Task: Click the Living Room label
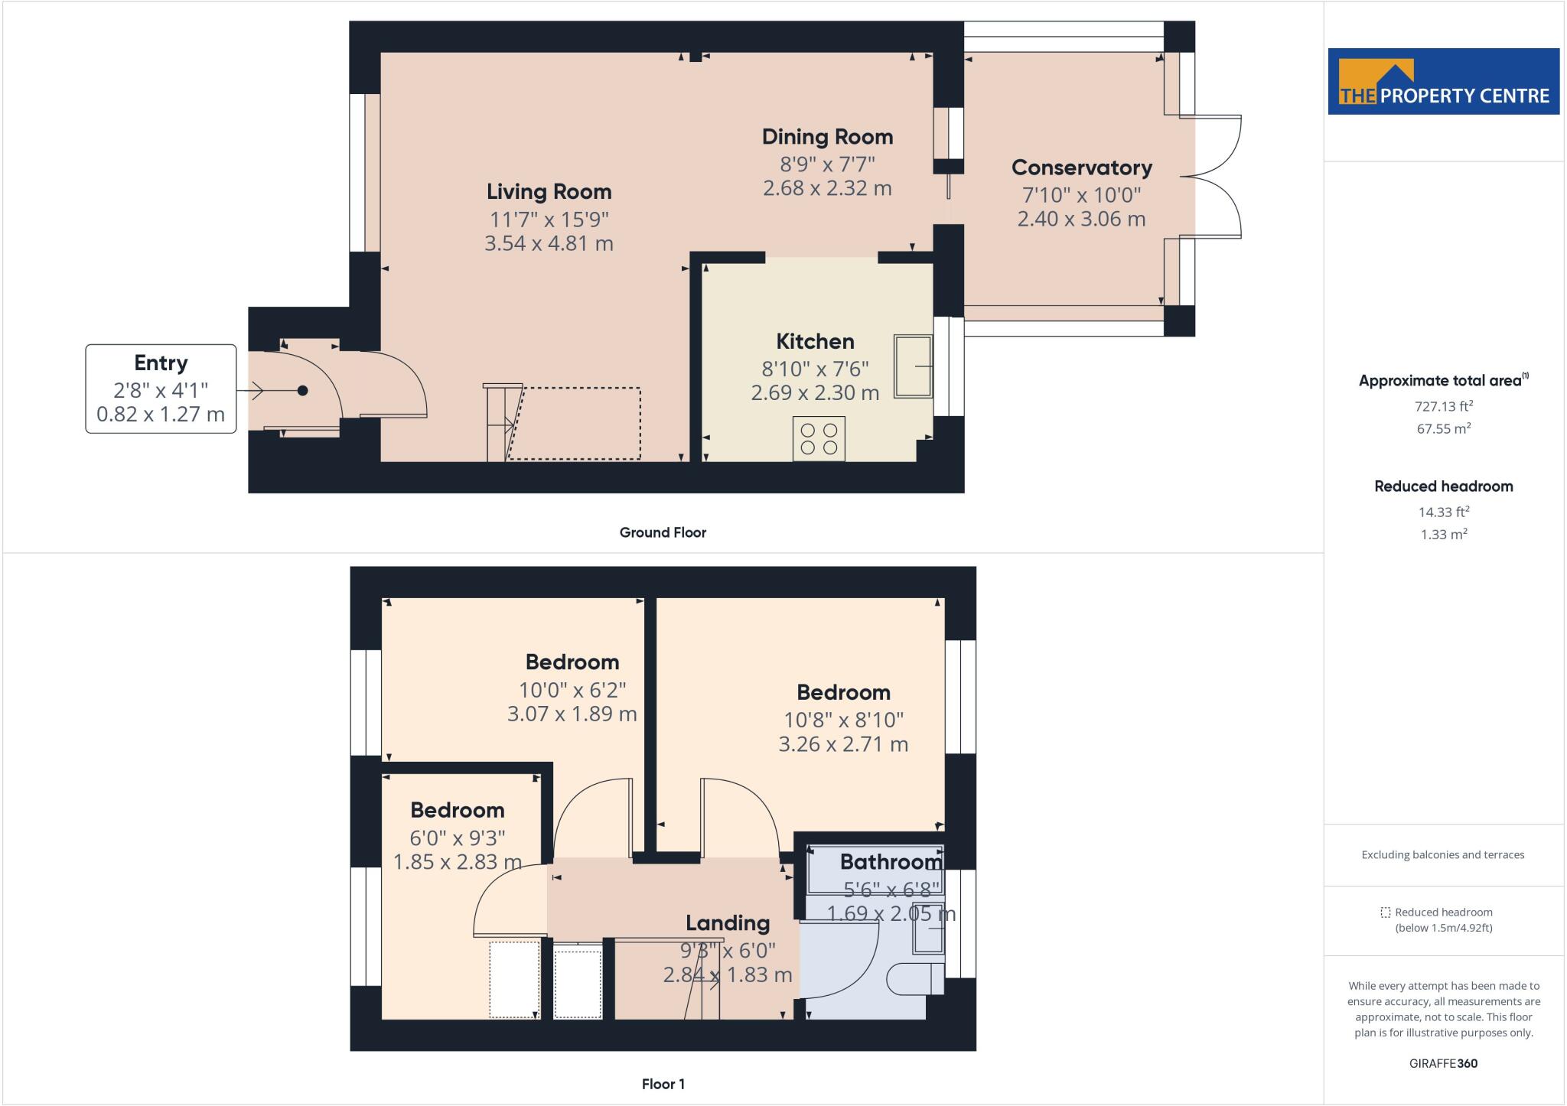(x=549, y=191)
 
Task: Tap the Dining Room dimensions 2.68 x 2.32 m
(x=827, y=188)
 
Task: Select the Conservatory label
(x=1081, y=168)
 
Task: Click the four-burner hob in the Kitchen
(x=819, y=439)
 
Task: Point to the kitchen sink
(x=914, y=366)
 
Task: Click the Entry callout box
(x=161, y=389)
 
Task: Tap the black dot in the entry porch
(x=303, y=391)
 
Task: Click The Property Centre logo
(x=1443, y=82)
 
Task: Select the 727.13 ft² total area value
(x=1443, y=406)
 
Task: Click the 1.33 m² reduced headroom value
(x=1443, y=535)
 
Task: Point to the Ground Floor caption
(x=663, y=532)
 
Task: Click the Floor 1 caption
(x=663, y=1084)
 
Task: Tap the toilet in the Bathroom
(x=915, y=979)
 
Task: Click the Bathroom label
(x=891, y=862)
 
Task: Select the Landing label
(x=727, y=923)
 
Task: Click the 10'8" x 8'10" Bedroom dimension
(x=843, y=720)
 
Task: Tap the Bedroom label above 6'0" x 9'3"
(x=457, y=810)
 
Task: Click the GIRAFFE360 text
(x=1443, y=1063)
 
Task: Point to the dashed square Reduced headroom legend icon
(x=1385, y=912)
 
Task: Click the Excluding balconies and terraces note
(x=1442, y=855)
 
